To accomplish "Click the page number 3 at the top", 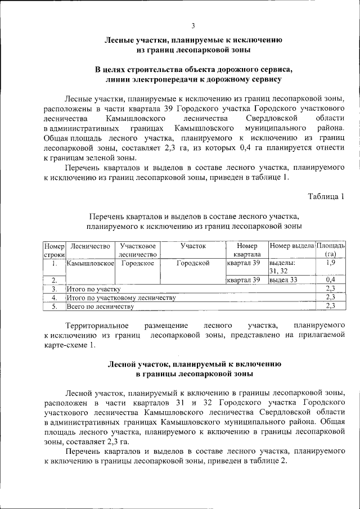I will point(193,25).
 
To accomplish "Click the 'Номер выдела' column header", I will point(291,246).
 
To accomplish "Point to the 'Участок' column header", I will point(193,246).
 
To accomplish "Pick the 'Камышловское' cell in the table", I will point(90,263).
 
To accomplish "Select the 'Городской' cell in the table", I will point(193,263).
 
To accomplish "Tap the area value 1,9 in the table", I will point(331,263).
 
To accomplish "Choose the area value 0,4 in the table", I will point(331,280).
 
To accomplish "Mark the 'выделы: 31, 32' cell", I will point(282,267).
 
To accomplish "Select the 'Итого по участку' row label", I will point(93,289).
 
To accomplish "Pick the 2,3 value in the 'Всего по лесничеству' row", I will point(331,306).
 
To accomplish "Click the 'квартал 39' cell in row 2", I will point(244,280).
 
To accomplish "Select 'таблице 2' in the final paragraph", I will point(265,461).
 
